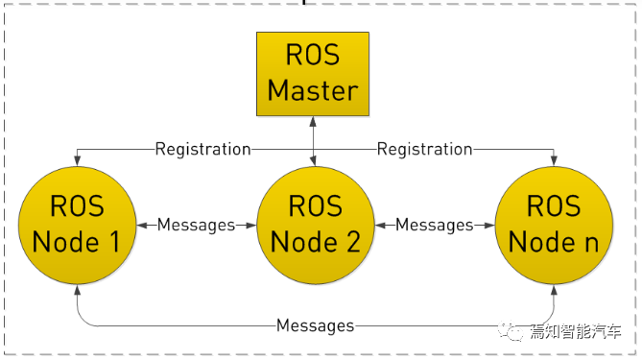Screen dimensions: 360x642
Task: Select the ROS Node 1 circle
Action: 76,225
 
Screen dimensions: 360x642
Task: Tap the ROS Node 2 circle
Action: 315,225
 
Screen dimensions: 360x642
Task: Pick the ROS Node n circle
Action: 554,225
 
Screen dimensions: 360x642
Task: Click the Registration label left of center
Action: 202,149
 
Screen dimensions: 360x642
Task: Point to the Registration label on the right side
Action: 424,149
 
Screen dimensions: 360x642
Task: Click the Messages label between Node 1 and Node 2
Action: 196,225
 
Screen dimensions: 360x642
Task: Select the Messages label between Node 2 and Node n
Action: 435,225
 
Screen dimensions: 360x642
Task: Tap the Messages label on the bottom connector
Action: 315,325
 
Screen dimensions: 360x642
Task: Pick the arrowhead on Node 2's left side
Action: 252,225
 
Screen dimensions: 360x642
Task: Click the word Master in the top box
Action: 313,90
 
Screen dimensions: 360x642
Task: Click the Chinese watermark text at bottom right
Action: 576,332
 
